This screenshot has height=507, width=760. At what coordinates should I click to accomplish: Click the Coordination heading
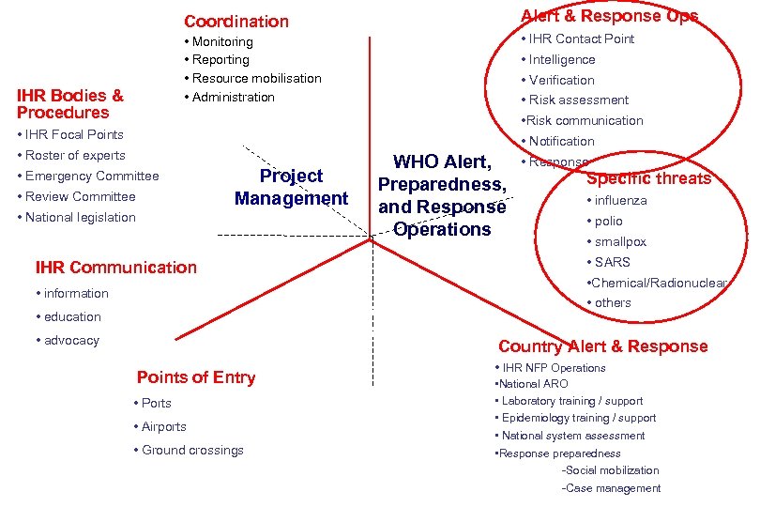(x=236, y=21)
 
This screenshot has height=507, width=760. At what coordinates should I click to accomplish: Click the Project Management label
(x=291, y=187)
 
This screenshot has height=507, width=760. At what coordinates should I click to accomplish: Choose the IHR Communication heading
(x=115, y=267)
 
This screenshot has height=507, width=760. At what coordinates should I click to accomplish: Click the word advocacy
(x=71, y=340)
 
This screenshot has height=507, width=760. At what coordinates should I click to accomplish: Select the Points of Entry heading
(x=196, y=377)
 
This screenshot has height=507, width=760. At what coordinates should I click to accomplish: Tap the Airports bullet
(x=163, y=426)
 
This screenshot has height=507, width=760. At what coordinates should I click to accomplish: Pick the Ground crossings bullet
(x=192, y=450)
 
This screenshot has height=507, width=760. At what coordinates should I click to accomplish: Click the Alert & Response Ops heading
(x=609, y=16)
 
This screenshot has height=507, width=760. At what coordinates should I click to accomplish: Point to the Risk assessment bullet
(x=578, y=100)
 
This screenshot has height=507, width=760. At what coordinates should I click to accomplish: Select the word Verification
(x=561, y=80)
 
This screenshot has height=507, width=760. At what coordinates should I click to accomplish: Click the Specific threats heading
(x=649, y=178)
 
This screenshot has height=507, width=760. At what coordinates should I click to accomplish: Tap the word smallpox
(x=620, y=241)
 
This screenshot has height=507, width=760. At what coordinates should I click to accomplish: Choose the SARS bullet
(x=612, y=262)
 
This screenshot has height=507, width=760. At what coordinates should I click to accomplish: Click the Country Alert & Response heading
(x=603, y=346)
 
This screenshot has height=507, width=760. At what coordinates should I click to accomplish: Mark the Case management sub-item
(x=611, y=488)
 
